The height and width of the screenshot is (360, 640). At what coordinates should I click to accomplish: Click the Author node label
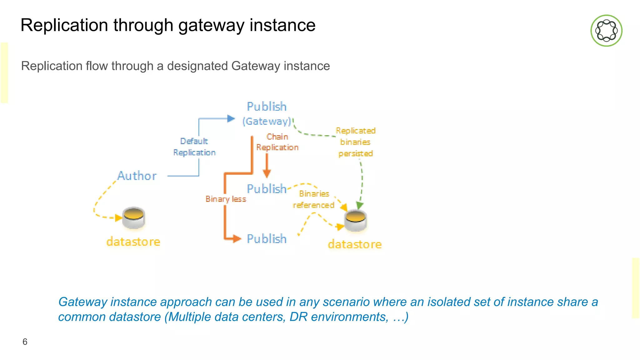[x=137, y=176]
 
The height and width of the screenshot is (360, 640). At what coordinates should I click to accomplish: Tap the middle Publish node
[x=267, y=189]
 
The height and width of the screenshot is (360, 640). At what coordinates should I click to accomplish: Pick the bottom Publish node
[x=267, y=239]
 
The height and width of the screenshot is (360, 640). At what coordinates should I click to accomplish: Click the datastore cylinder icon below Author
[x=133, y=218]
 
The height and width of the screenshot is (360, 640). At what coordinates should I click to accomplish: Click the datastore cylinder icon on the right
[x=355, y=221]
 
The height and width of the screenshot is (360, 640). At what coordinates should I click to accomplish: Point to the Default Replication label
[x=194, y=147]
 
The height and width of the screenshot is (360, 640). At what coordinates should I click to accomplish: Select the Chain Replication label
[x=277, y=142]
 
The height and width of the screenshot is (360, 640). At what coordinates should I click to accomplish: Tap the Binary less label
[x=226, y=199]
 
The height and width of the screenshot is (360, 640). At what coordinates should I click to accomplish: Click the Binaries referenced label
[x=314, y=199]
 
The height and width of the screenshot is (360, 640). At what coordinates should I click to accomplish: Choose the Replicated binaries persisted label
[x=356, y=142]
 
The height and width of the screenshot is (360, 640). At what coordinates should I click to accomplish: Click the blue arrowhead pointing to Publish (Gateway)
[x=231, y=119]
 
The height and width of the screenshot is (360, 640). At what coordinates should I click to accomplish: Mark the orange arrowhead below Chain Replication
[x=267, y=173]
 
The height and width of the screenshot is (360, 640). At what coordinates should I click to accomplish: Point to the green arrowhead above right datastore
[x=360, y=205]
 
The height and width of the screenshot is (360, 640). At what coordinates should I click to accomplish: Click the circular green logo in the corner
[x=606, y=31]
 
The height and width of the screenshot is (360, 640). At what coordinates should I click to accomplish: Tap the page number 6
[x=25, y=342]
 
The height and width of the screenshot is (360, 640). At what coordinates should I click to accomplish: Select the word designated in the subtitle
[x=197, y=66]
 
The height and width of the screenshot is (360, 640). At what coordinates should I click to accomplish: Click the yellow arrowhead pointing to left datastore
[x=118, y=218]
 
